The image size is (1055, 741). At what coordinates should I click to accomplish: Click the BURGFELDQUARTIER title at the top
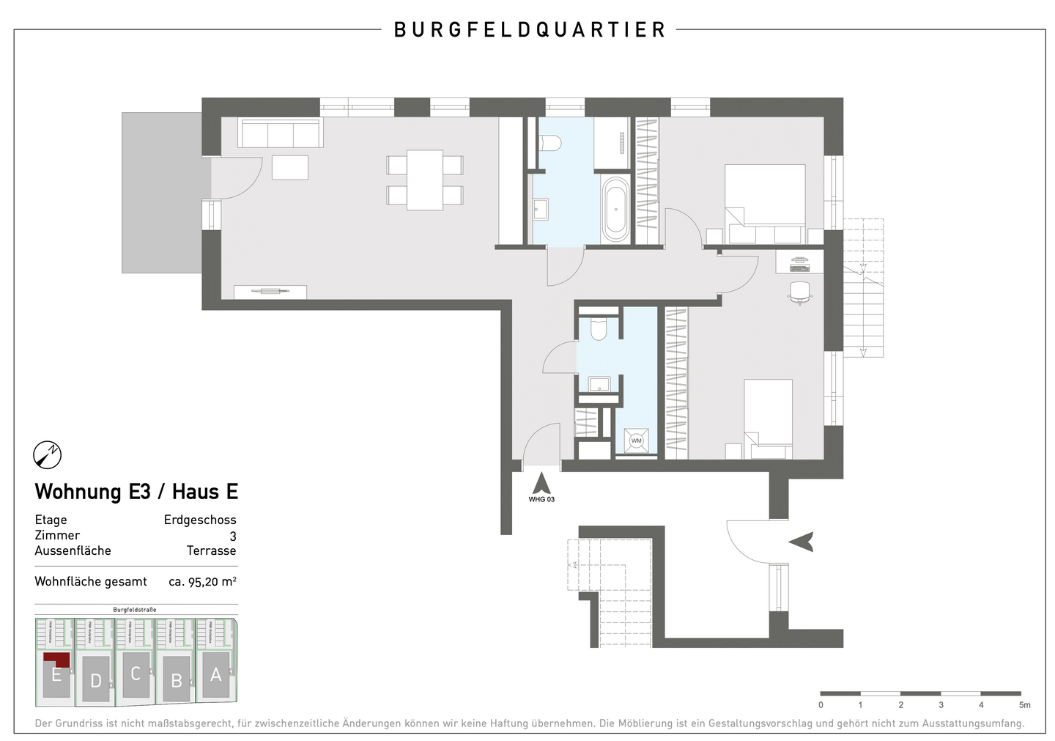(529, 30)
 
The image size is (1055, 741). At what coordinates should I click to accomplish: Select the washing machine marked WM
(636, 441)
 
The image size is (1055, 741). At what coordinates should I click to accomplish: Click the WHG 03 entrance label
(541, 499)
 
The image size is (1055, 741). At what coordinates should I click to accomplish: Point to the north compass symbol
(48, 455)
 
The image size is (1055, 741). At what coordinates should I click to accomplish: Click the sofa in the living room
(281, 134)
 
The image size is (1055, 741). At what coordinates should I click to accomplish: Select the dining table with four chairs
(425, 180)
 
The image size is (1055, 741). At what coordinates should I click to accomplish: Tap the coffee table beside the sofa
(290, 167)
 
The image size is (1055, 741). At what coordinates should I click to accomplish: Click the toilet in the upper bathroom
(549, 142)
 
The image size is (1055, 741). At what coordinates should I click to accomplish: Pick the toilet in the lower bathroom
(599, 329)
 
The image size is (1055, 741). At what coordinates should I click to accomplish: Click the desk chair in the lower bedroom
(799, 292)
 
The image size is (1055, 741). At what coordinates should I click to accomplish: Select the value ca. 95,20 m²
(202, 581)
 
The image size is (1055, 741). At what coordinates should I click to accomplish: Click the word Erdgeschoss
(200, 520)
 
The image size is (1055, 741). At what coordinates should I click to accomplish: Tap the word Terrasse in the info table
(211, 550)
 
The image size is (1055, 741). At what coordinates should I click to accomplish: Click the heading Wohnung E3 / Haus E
(137, 491)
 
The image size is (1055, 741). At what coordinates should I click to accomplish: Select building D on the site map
(96, 679)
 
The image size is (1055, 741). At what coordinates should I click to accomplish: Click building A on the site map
(215, 674)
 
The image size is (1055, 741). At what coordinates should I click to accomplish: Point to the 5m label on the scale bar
(1024, 705)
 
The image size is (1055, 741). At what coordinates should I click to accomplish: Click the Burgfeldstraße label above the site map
(135, 610)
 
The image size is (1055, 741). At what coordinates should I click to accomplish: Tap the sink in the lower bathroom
(600, 383)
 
